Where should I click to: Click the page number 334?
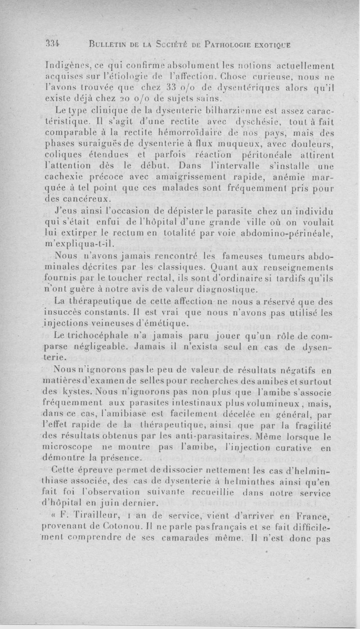(x=53, y=44)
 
